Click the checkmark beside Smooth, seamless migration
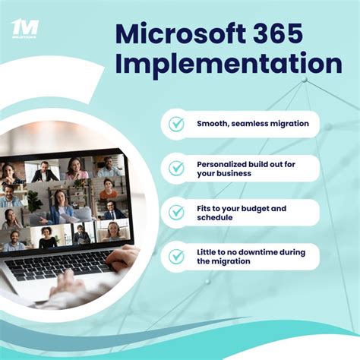[x=176, y=123]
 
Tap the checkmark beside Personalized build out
[x=176, y=168]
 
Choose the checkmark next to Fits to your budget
[x=176, y=212]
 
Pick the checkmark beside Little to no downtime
[x=176, y=256]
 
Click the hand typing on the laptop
[x=122, y=259]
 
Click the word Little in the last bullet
[x=207, y=251]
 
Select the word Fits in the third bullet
[x=205, y=207]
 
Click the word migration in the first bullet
[x=292, y=123]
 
